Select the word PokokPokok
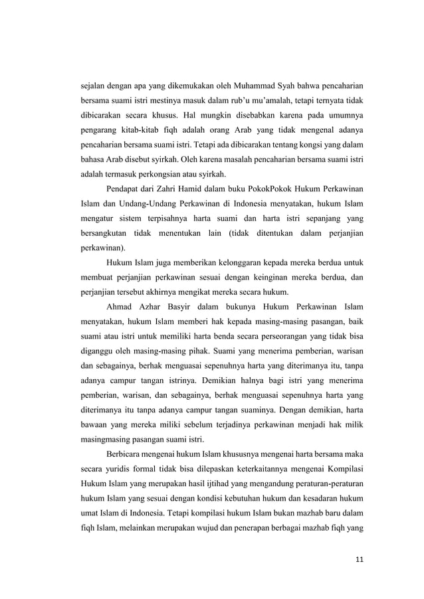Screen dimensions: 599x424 259,188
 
